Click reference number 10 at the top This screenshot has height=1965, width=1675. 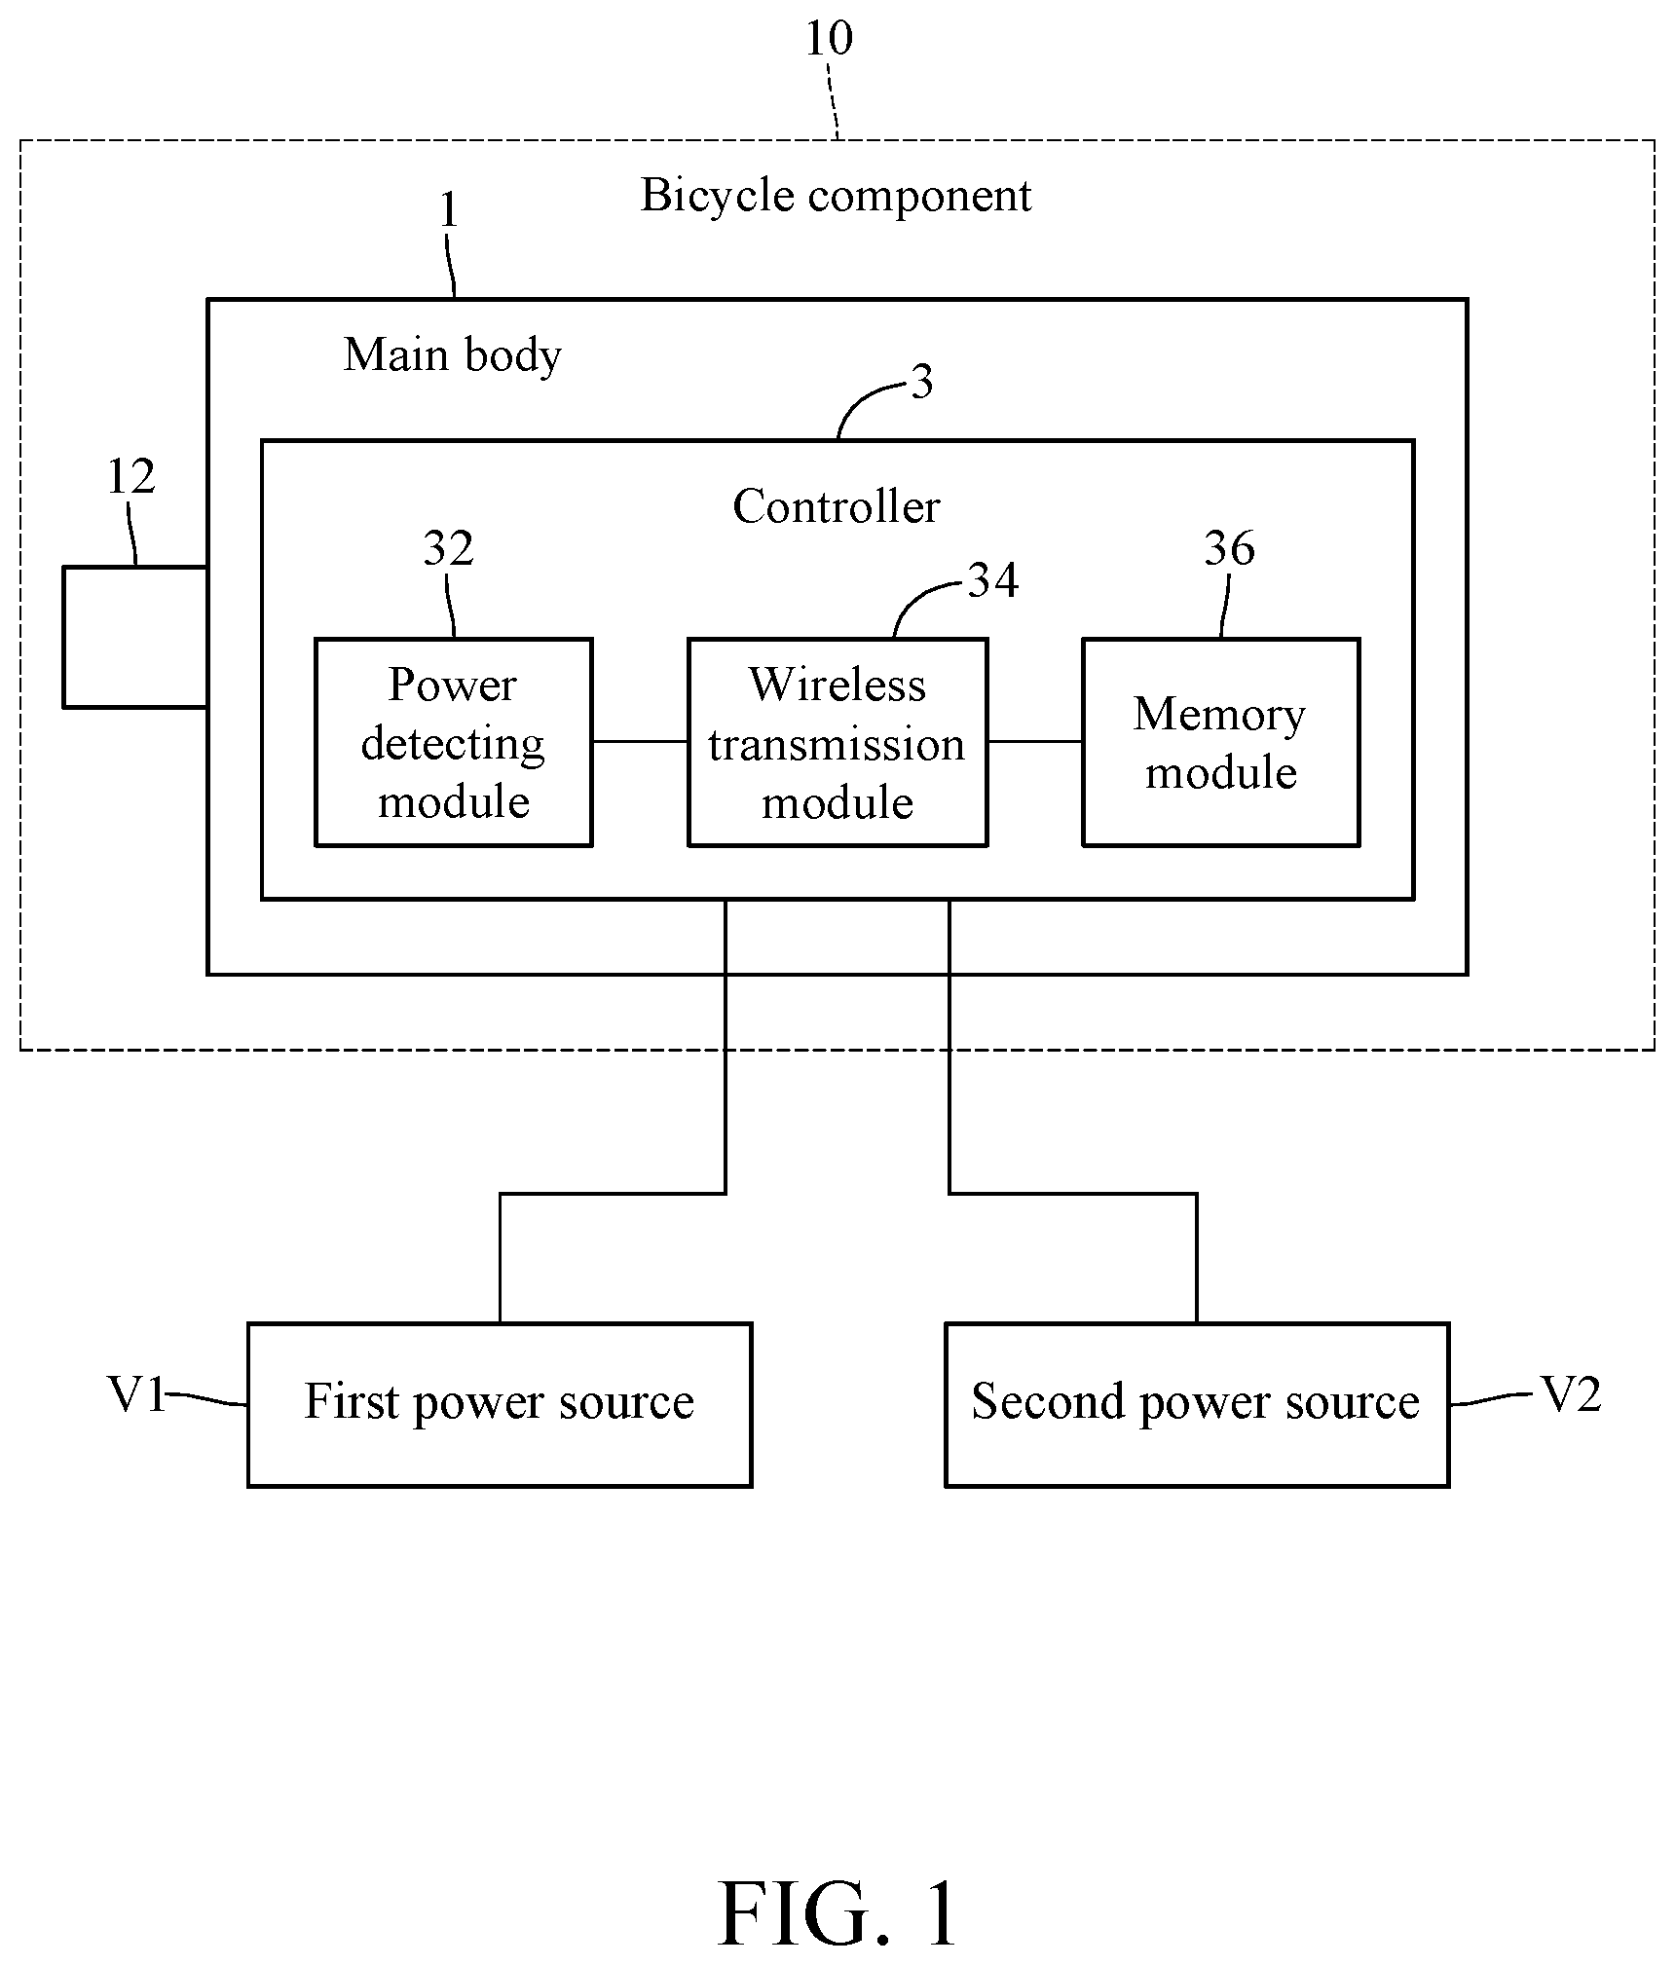[829, 39]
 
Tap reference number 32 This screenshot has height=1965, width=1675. [448, 549]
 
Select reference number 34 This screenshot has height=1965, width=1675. [993, 580]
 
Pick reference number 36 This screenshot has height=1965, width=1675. [1229, 549]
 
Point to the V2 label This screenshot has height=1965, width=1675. [1570, 1395]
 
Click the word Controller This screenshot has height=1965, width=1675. [837, 506]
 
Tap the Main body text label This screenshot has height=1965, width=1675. [453, 355]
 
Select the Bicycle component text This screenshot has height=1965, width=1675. [836, 197]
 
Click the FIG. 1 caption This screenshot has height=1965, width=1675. [838, 1913]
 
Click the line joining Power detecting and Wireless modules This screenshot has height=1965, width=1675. [640, 741]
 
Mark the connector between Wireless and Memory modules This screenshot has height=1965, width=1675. [1035, 741]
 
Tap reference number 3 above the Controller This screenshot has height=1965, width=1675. [922, 382]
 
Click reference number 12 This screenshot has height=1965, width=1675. [130, 477]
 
